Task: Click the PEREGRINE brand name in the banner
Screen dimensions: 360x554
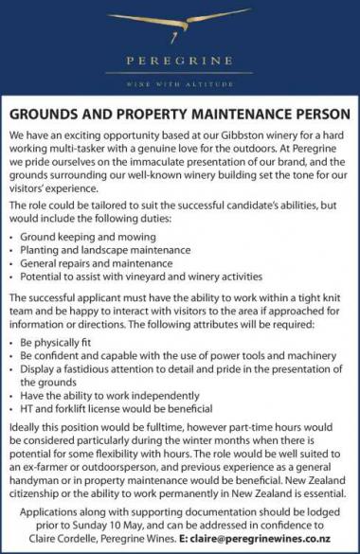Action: point(179,62)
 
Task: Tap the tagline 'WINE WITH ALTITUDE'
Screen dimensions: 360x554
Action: point(179,83)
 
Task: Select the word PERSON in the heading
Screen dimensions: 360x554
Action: point(318,116)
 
